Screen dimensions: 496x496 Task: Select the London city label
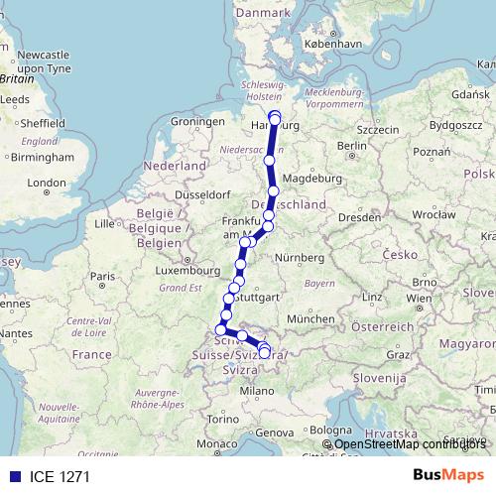pos(46,183)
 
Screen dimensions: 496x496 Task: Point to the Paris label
pos(103,276)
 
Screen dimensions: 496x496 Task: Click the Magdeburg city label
pos(312,179)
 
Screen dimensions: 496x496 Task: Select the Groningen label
pos(192,121)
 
